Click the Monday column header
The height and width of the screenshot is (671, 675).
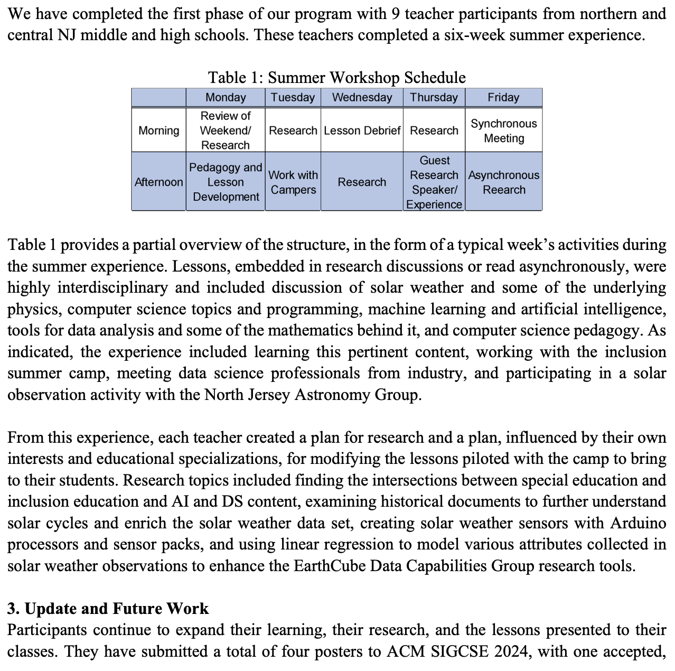[x=226, y=97]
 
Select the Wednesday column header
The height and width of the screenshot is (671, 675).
[x=362, y=97]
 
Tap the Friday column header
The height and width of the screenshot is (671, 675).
[x=503, y=97]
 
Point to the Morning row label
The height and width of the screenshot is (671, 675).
[x=158, y=131]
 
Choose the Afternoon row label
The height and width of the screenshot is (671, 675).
[x=158, y=182]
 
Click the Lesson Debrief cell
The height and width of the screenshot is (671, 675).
[x=362, y=131]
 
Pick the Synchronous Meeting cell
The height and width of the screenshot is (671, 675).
[x=503, y=131]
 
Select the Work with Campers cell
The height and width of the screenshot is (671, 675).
[x=293, y=182]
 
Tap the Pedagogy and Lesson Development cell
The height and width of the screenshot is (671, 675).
[x=226, y=182]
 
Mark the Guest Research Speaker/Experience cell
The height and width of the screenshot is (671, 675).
[x=434, y=182]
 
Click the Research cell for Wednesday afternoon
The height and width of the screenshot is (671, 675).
[x=362, y=182]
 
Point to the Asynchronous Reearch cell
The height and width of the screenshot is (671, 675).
[x=503, y=182]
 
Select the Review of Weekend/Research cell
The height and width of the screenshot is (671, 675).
[x=226, y=131]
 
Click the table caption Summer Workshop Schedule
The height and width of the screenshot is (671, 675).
[x=367, y=78]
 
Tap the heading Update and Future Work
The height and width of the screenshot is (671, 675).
[x=117, y=609]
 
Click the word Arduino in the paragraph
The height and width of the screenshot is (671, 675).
[x=638, y=523]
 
